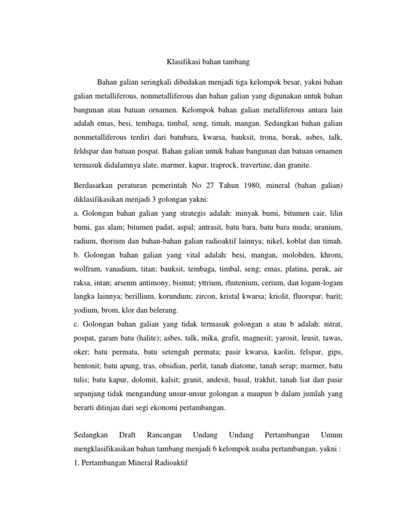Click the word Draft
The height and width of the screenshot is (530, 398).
pos(128,435)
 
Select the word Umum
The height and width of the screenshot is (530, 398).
pos(332,435)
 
